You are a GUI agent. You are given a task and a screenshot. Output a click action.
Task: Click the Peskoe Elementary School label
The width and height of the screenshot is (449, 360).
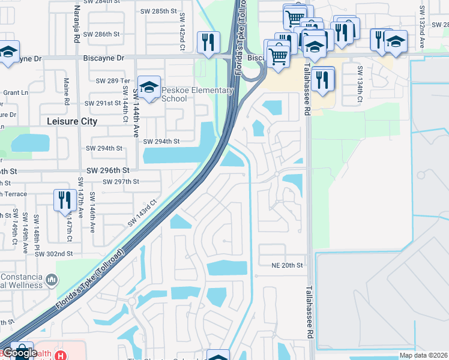pos(197,94)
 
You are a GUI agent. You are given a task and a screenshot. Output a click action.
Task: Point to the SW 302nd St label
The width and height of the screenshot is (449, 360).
pos(53,254)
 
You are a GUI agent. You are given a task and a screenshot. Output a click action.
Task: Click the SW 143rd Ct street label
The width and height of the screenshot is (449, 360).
pos(142,212)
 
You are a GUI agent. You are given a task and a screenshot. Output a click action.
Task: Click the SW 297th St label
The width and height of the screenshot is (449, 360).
pos(121,181)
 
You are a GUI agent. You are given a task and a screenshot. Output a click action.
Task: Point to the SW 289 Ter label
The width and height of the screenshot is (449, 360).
pos(113,80)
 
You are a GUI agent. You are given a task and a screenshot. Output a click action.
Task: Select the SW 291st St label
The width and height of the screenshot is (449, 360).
pos(103,103)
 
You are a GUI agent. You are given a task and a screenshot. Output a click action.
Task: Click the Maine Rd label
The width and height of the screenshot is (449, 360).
pos(66,100)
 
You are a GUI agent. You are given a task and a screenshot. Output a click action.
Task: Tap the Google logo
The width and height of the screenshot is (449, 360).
pos(20,353)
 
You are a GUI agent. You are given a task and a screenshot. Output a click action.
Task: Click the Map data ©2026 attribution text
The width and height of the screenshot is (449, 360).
pos(423,355)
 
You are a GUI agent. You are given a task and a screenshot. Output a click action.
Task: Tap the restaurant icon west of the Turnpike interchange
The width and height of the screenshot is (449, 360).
pos(208,43)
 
